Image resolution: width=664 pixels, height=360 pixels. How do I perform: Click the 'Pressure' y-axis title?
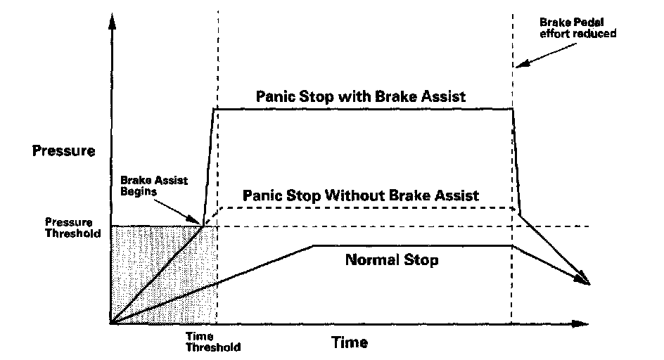(x=63, y=150)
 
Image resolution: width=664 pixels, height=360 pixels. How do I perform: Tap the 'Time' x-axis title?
(x=350, y=342)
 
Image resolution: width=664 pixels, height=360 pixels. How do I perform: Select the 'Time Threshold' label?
(x=213, y=342)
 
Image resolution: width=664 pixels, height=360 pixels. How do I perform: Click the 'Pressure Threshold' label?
(x=73, y=228)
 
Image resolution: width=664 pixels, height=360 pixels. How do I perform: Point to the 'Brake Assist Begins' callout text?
(x=154, y=186)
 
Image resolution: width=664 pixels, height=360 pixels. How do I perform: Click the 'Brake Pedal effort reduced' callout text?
(x=577, y=27)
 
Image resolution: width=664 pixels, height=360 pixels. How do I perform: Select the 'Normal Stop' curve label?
(x=392, y=259)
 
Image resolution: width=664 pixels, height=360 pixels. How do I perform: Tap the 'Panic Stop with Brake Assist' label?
(x=361, y=96)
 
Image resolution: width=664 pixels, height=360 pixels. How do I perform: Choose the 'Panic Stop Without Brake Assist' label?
(x=360, y=195)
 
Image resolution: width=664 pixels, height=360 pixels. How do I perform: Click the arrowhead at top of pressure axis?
(x=112, y=21)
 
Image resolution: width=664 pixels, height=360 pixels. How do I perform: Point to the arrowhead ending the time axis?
(x=580, y=324)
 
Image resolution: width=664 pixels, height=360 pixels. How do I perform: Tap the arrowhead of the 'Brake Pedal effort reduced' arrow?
(x=522, y=63)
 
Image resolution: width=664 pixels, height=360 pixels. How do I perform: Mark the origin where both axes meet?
(x=111, y=324)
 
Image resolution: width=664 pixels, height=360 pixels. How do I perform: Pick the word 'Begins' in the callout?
(x=139, y=191)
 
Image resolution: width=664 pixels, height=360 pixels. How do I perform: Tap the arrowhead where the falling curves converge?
(x=584, y=280)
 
